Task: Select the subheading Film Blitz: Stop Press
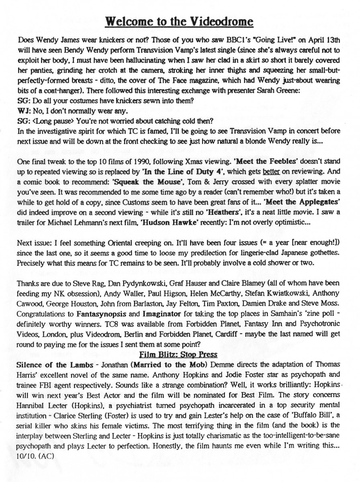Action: (x=178, y=354)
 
